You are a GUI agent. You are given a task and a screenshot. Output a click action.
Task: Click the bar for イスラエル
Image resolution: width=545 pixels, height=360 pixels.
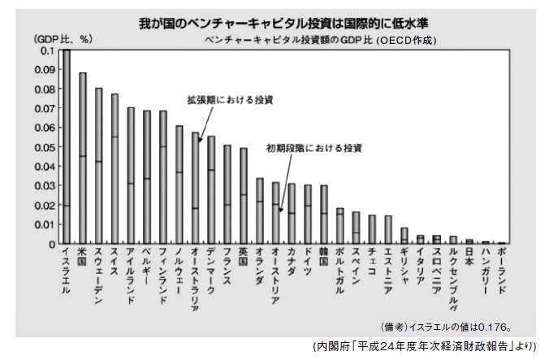coord(67,146)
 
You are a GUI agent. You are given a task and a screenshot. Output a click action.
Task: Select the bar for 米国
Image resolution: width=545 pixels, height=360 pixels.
coord(83,158)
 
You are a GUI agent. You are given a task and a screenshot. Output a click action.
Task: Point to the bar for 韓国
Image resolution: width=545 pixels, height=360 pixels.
coord(323,215)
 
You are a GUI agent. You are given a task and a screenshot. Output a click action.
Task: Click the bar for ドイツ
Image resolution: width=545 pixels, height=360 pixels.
coord(307,215)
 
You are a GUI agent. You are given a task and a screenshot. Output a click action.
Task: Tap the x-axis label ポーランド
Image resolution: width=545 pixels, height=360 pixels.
coord(501,272)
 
